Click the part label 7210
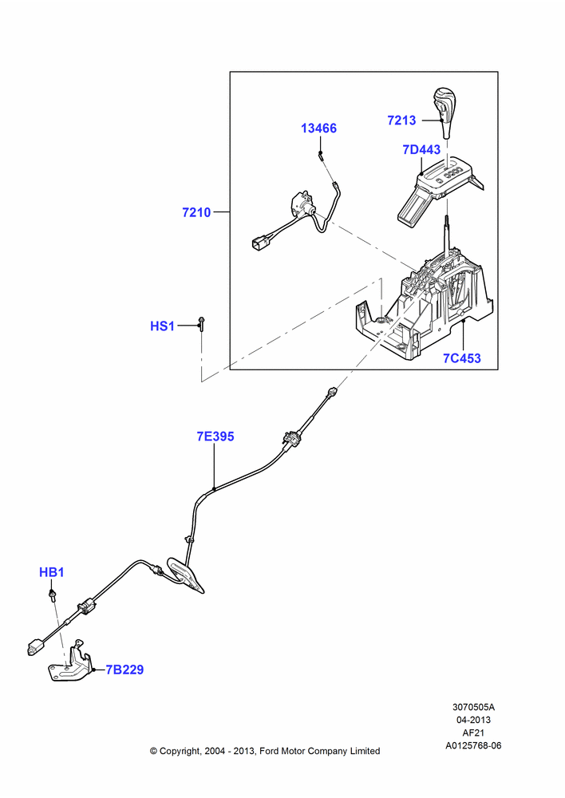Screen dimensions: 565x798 196,212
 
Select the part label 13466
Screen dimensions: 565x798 318,128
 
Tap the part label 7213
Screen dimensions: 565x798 401,120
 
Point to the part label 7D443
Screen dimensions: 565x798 421,150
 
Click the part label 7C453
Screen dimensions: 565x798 462,358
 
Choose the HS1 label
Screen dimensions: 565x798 162,326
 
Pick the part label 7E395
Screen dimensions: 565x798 215,437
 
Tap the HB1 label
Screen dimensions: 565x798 51,572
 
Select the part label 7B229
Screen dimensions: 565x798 124,670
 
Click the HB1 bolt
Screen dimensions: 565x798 52,595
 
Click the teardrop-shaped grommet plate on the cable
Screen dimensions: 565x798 185,575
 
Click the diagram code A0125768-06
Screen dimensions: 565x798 473,745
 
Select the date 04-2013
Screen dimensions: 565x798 473,720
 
